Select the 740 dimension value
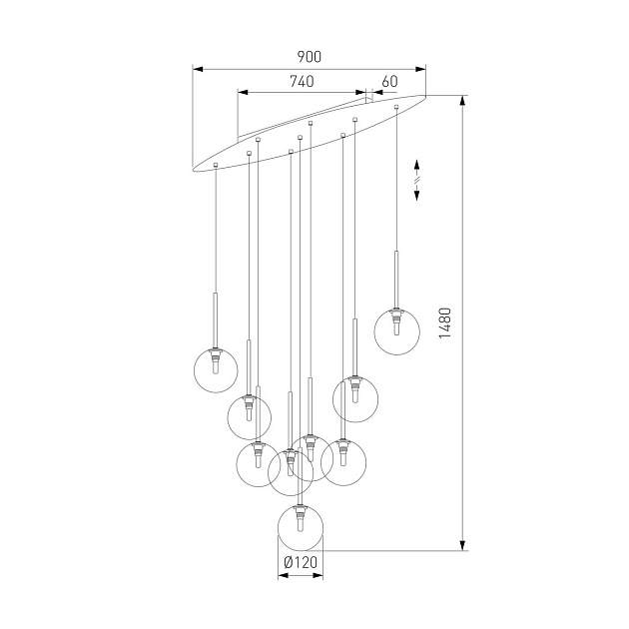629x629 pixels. [302, 82]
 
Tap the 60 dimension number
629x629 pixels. [389, 82]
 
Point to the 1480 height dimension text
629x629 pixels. [446, 322]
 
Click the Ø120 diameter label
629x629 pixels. [300, 563]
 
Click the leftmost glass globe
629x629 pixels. [216, 368]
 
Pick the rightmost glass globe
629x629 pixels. [397, 332]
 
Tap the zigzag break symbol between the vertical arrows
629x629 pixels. [417, 181]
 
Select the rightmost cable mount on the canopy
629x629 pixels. [397, 106]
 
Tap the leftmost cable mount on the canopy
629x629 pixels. [215, 162]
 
